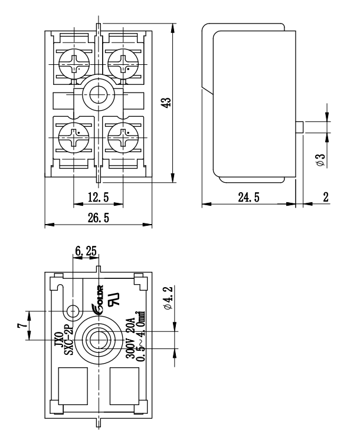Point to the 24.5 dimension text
pyautogui.click(x=250, y=198)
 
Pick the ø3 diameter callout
pyautogui.click(x=319, y=160)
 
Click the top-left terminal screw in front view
pyautogui.click(x=73, y=62)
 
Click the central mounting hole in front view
pyautogui.click(x=98, y=91)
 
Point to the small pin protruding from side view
pyautogui.click(x=299, y=127)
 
